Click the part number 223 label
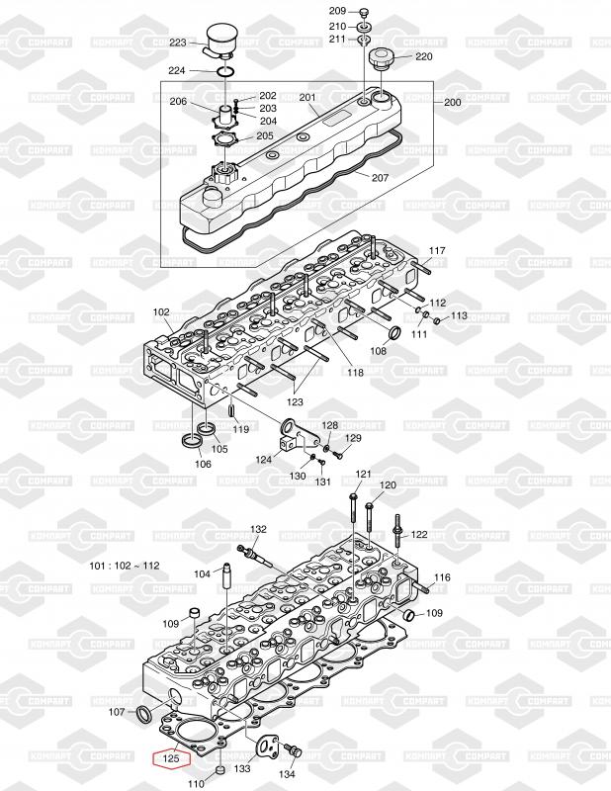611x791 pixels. coord(178,43)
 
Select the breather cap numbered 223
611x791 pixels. coord(222,41)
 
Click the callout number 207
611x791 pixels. coord(380,177)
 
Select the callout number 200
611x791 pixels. coord(453,103)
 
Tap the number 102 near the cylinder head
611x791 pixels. coord(161,312)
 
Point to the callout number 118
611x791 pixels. coord(355,372)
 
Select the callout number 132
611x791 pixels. coord(259,530)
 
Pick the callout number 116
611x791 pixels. coord(442,577)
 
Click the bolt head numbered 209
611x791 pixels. coord(364,12)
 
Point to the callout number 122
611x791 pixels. coord(419,534)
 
